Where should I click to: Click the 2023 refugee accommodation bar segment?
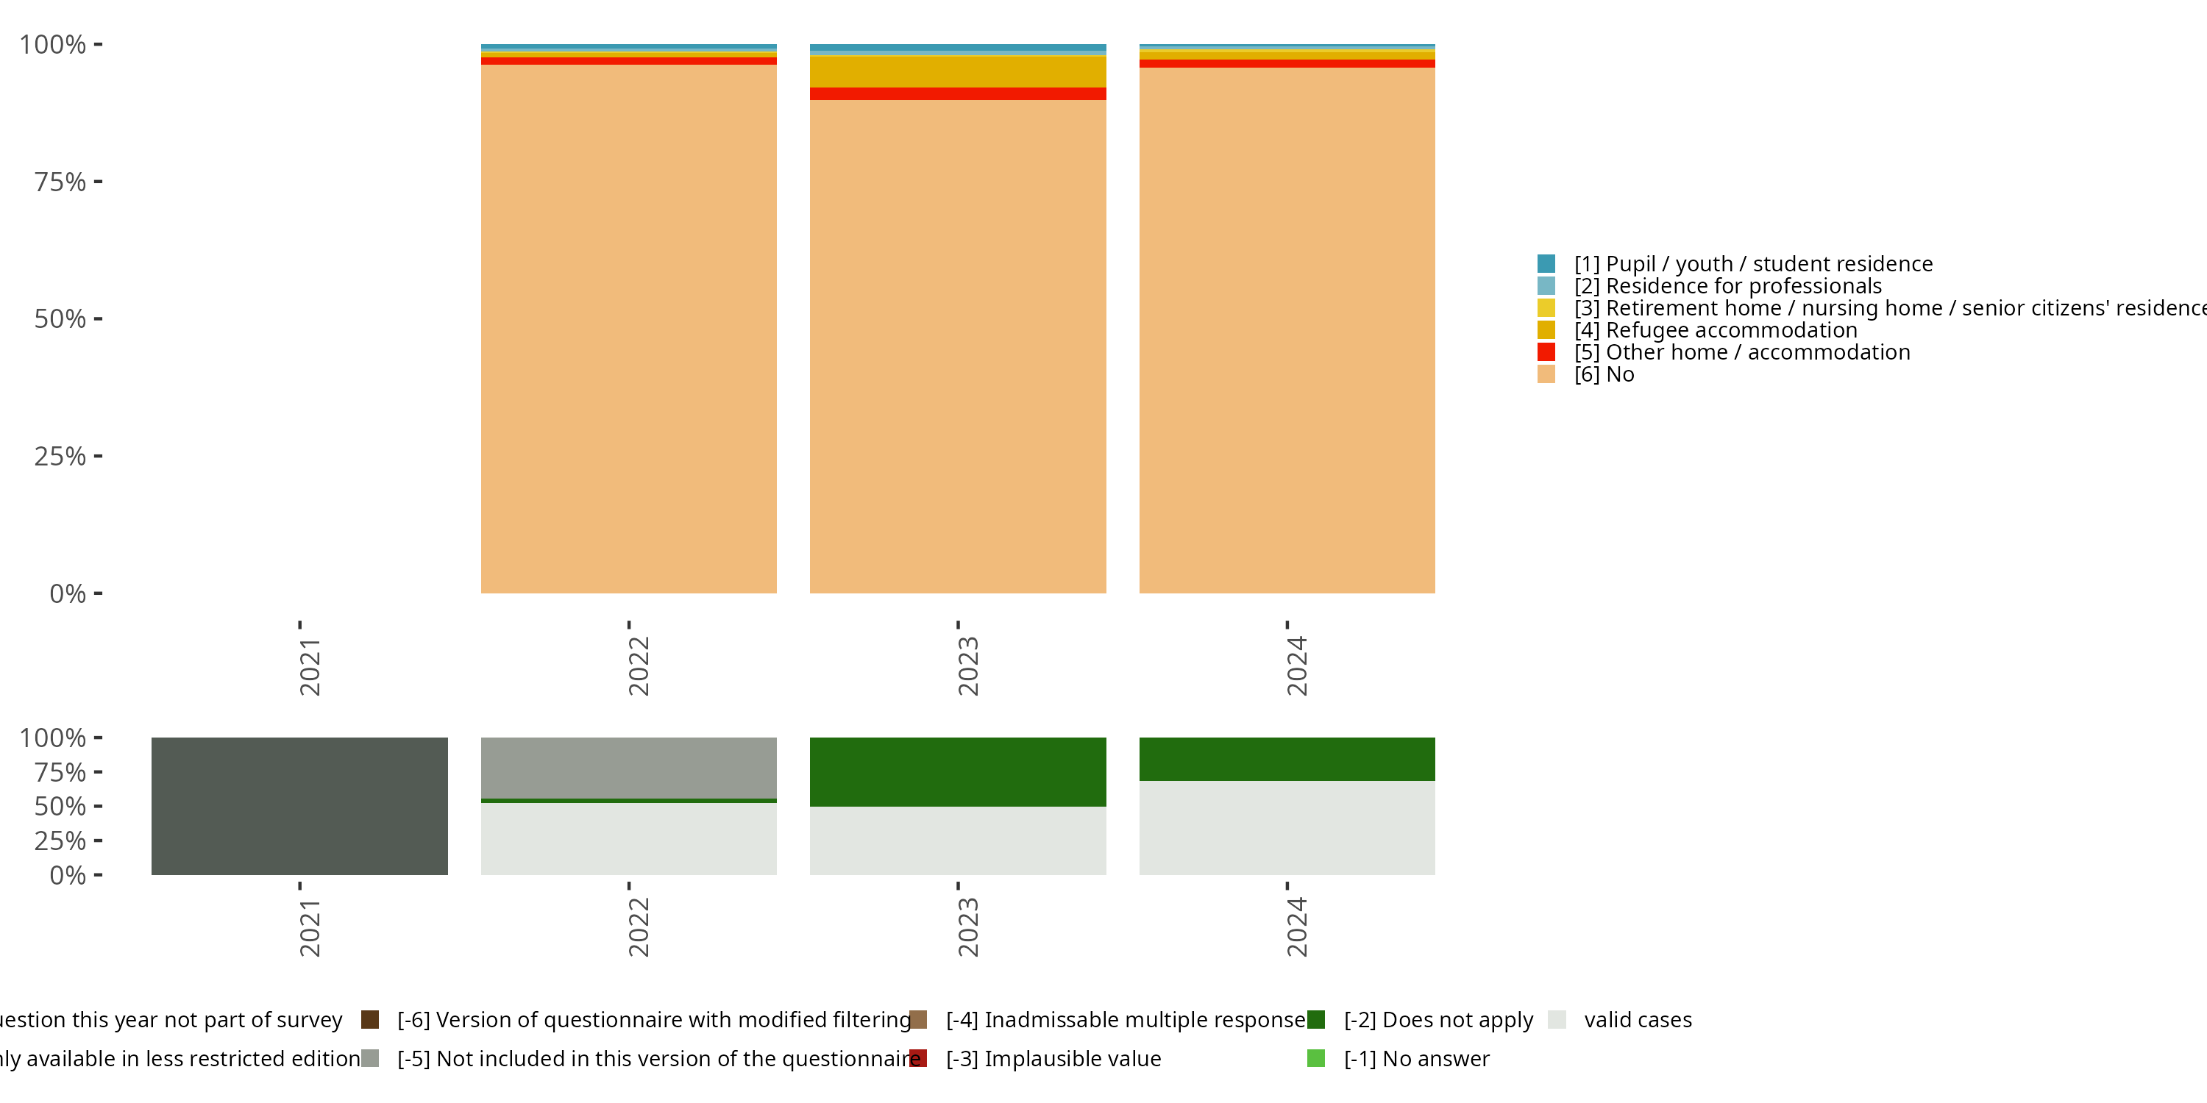point(957,72)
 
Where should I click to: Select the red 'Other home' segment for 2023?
point(957,93)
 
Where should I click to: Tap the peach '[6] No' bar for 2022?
point(628,329)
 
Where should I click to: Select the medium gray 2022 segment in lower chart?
point(628,767)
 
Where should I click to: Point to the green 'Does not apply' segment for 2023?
point(957,771)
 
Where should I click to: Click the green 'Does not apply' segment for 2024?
point(1286,759)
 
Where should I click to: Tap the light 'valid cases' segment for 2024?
point(1286,827)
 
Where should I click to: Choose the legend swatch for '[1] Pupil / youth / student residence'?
point(1546,264)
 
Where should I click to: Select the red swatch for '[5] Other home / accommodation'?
point(1546,352)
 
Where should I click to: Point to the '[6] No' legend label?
point(1604,374)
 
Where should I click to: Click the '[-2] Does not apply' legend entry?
point(1437,1020)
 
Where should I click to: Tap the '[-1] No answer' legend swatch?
point(1316,1058)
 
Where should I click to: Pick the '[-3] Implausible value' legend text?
point(1053,1058)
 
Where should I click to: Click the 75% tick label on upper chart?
point(60,182)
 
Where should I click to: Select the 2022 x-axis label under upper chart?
point(639,665)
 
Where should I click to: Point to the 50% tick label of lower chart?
point(60,806)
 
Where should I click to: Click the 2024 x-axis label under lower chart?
point(1296,927)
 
